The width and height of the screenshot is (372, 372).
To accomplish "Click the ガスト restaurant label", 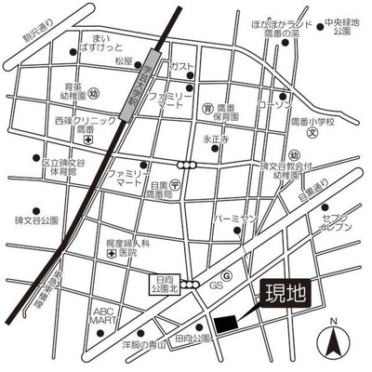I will [182, 69].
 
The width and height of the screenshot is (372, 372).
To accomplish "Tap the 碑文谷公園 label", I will [37, 221].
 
